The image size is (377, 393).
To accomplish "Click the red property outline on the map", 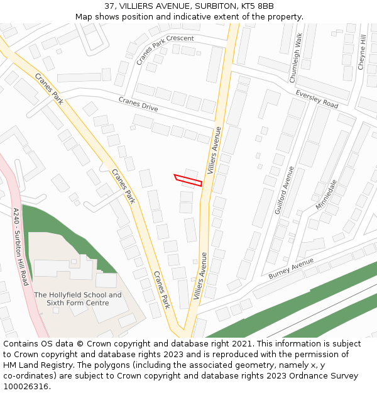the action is (x=188, y=180).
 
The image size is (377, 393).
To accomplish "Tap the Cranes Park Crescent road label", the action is (x=165, y=50).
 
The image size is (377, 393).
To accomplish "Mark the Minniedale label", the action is (x=326, y=195).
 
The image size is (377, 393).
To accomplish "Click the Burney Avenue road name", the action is (x=290, y=268).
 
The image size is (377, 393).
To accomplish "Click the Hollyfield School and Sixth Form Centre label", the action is (x=78, y=299).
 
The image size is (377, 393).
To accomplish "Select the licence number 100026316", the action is (x=26, y=387).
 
